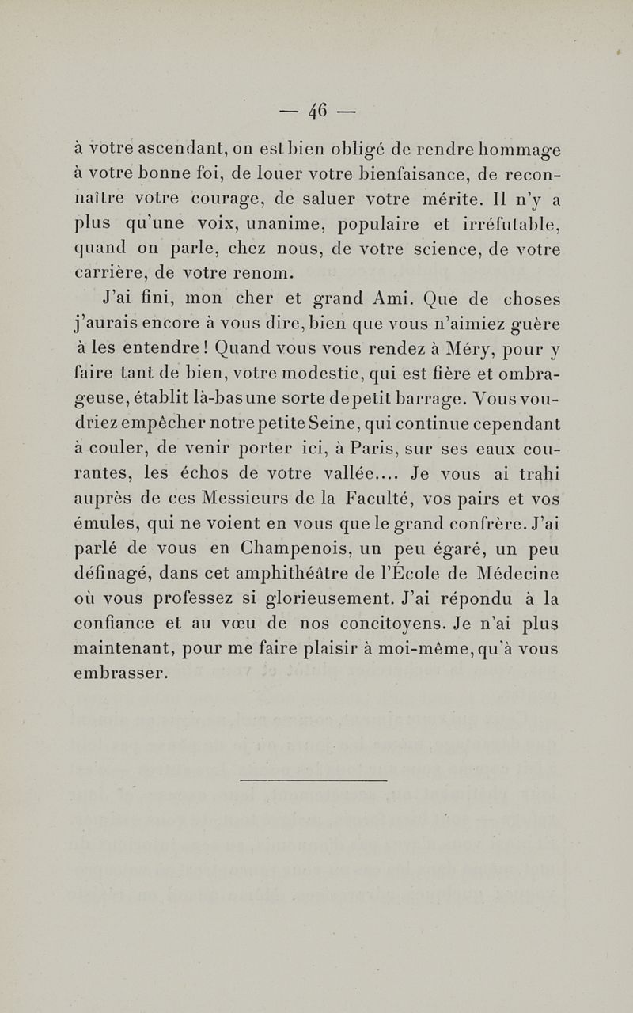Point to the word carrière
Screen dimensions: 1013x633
(107, 275)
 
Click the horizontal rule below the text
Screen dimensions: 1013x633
(313, 780)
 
